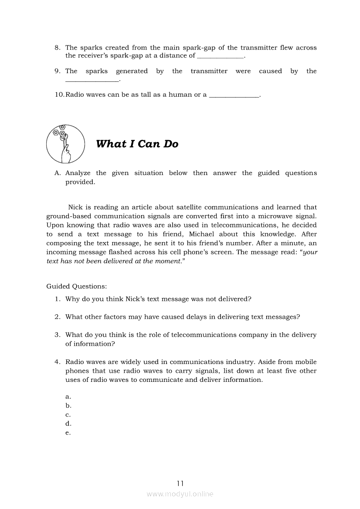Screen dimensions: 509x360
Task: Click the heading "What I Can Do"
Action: pos(137,144)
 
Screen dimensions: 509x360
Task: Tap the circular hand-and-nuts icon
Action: pos(65,144)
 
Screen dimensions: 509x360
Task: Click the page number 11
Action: pos(180,483)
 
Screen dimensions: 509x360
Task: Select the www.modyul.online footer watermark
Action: pos(180,494)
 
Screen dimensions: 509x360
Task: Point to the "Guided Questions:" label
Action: pos(76,287)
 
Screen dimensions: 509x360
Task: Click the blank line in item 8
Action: pos(221,57)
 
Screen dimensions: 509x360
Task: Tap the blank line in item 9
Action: pos(92,81)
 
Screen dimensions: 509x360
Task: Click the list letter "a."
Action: pos(68,397)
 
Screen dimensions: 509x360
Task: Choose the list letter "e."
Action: pos(68,433)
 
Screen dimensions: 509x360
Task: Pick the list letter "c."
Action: pos(68,415)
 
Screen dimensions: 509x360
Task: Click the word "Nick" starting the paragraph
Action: pos(75,207)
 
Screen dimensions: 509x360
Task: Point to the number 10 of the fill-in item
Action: pos(59,94)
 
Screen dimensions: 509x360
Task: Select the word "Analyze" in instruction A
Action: pos(78,173)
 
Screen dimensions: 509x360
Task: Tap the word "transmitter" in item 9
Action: pos(209,71)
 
